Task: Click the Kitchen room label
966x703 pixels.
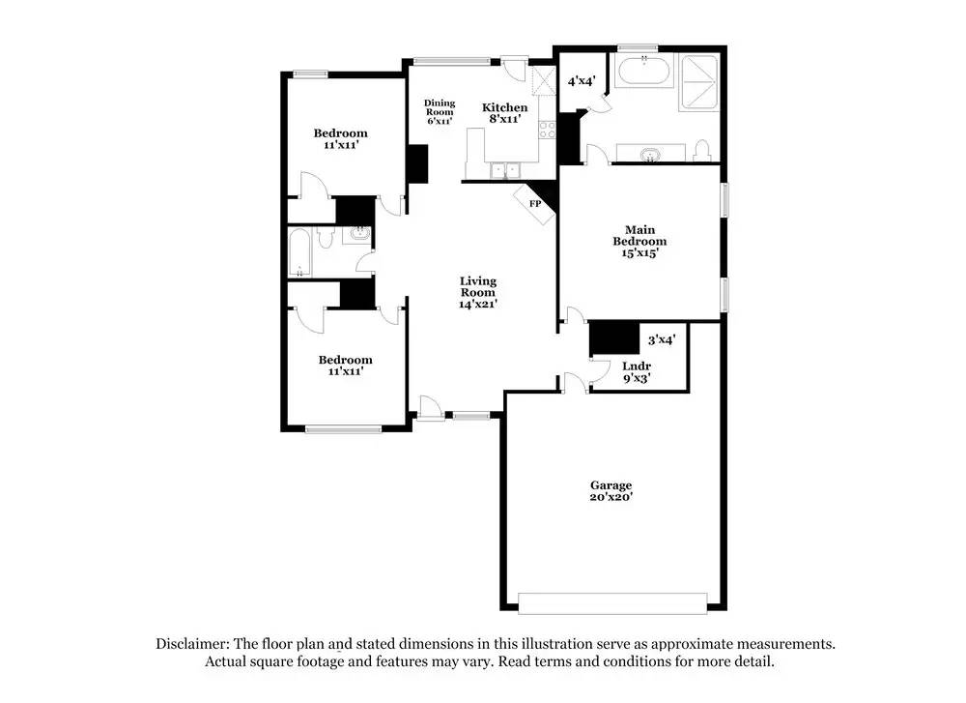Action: tap(505, 113)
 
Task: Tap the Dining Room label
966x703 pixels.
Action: tap(440, 112)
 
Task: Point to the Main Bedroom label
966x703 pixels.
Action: tap(639, 241)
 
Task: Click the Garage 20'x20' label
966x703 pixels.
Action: tap(611, 491)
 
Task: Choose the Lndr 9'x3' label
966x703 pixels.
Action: tap(636, 372)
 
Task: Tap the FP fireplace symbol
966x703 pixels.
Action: tap(534, 204)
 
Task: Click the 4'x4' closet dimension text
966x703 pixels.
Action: tap(582, 81)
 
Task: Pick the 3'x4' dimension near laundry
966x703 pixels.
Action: tap(661, 339)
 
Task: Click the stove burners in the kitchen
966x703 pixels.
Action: tap(547, 129)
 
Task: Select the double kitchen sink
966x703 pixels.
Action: tap(502, 170)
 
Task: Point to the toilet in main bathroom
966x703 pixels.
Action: tap(702, 150)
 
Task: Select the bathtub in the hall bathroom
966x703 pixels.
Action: tap(298, 253)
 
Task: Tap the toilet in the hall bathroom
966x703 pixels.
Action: tap(327, 237)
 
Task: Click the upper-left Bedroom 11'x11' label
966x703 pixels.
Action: tap(341, 139)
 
